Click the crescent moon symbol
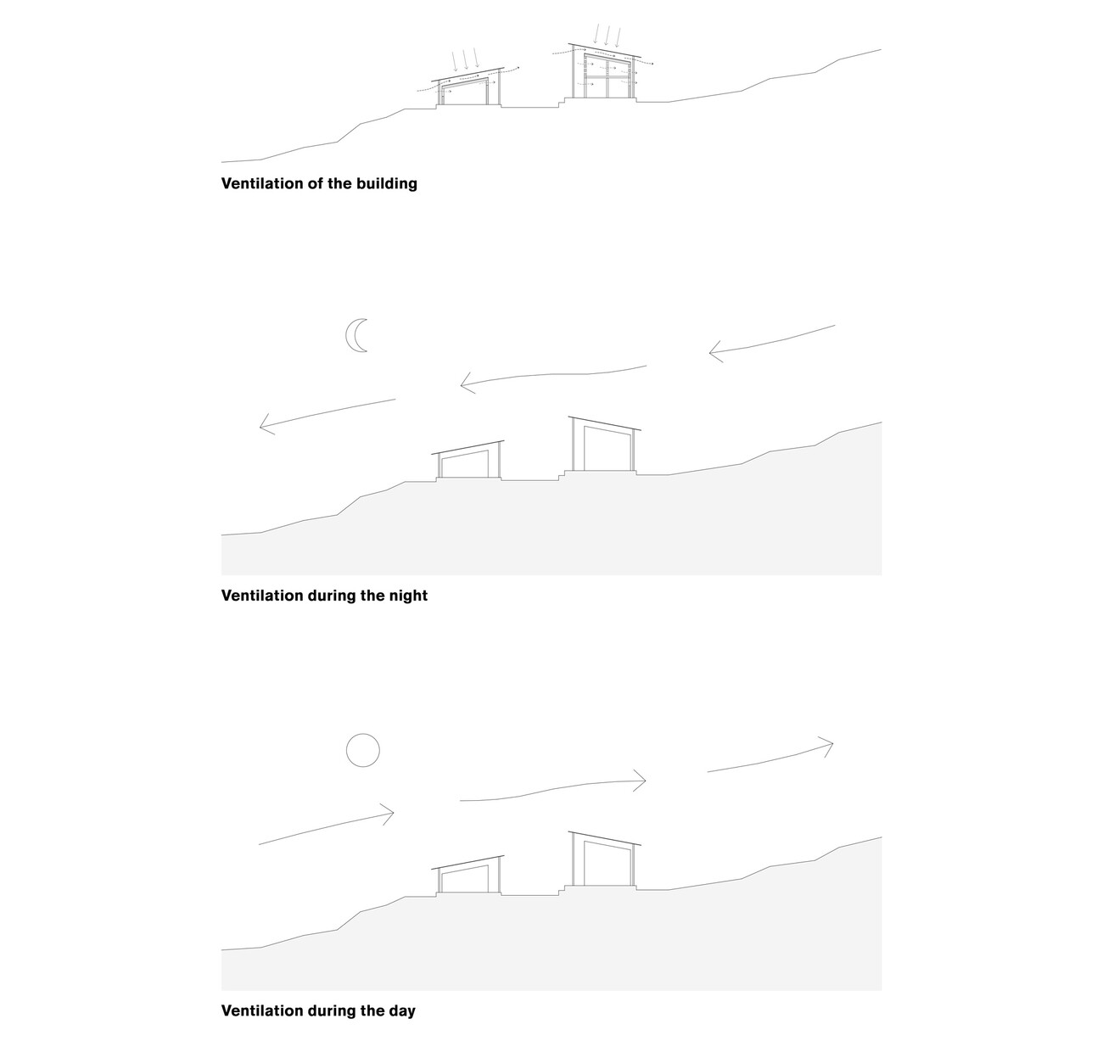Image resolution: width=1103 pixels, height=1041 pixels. coord(356,335)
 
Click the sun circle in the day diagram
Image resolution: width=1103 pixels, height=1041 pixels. coord(362,750)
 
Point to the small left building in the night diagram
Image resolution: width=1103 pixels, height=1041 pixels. coord(468,459)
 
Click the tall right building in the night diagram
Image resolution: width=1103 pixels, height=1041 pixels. coord(604,445)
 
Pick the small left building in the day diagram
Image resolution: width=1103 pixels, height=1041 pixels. coord(468,875)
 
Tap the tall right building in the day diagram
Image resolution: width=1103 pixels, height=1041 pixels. coord(604,860)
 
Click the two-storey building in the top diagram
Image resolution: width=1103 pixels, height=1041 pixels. coord(604,71)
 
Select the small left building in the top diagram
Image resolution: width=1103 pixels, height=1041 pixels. coord(468,87)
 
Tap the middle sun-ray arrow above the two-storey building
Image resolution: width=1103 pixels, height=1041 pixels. coord(607,36)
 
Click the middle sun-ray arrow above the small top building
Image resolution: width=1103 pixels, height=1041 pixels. coord(466,60)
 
